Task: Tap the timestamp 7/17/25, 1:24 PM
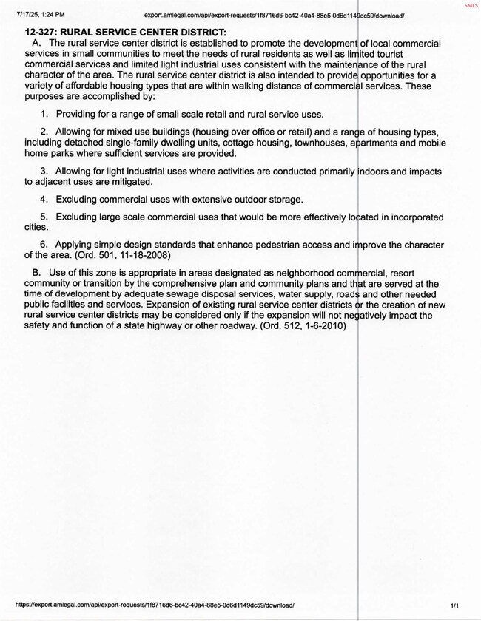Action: [35, 14]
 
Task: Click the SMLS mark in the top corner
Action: [471, 5]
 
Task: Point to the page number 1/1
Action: [454, 604]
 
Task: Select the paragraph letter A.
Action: [36, 44]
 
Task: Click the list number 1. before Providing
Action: [44, 115]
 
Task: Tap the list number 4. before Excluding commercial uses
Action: [44, 200]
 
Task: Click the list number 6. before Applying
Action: [44, 245]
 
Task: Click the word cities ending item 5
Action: [36, 228]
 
